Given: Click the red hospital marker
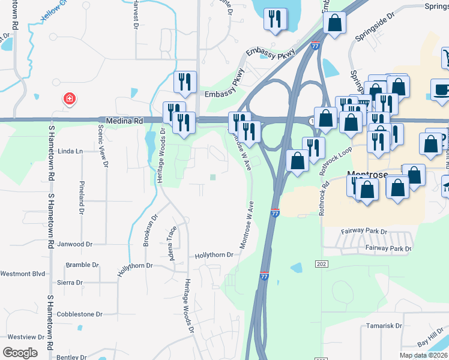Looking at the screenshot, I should point(70,98).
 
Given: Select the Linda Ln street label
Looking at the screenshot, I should point(70,151).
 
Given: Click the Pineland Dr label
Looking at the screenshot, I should point(82,197).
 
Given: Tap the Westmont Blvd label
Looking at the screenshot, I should point(23,274).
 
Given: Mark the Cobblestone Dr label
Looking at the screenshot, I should point(79,314).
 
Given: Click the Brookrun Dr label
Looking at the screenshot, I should point(149,230).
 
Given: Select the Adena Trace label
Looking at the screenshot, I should point(172,239).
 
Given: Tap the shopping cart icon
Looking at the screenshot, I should point(445,58).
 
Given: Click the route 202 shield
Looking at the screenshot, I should point(320,264).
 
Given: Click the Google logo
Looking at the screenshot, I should point(20,352).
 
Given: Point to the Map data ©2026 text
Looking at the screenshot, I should point(423,355).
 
